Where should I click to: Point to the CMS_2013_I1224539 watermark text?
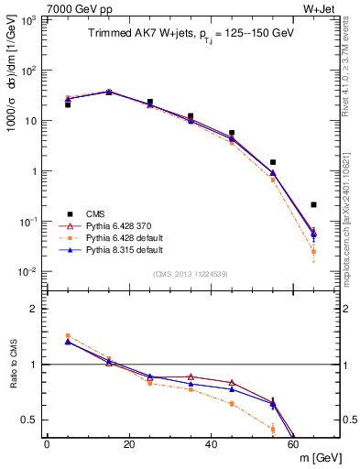coord(192,273)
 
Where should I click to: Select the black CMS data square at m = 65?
coord(314,204)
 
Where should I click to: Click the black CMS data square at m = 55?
coord(273,162)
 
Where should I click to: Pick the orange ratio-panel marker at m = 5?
coord(68,336)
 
